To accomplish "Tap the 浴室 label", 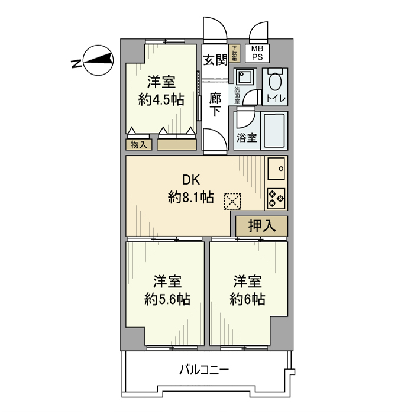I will tap(246, 138).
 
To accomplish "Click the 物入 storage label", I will tap(138, 144).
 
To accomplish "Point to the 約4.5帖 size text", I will tap(161, 99).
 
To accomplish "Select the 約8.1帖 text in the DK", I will tap(190, 198).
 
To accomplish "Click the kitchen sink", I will tap(276, 170).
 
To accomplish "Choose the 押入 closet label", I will tap(261, 225).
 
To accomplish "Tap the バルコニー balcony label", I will tap(204, 371).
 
